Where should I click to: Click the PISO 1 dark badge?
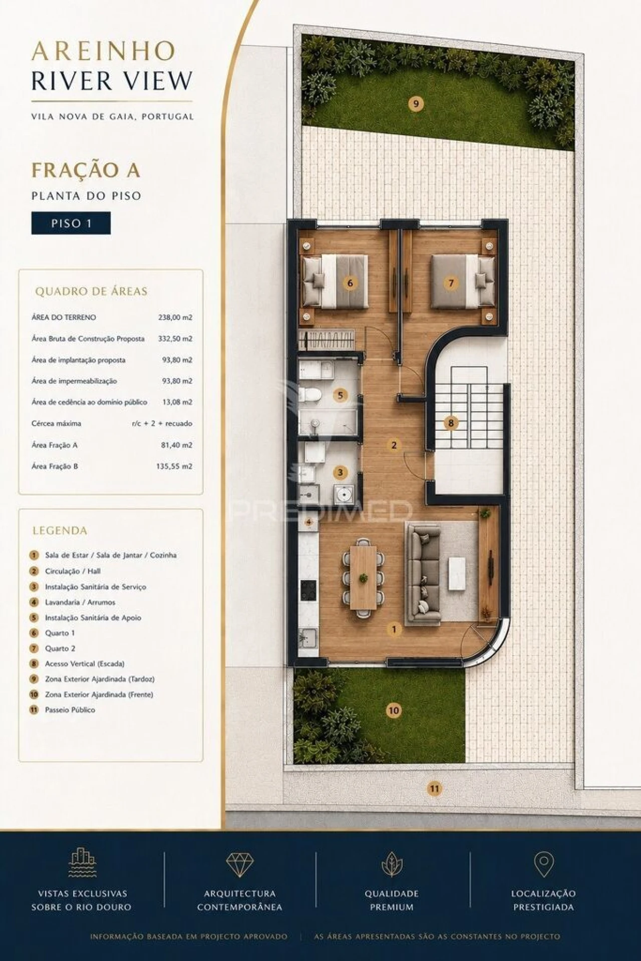71,223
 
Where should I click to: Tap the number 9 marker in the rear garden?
416,104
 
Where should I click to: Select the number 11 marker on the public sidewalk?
434,789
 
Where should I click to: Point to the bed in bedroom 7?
463,281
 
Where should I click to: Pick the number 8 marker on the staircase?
451,423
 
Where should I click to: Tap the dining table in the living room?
363,577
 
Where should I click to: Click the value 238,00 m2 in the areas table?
175,317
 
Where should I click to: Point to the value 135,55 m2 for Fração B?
174,466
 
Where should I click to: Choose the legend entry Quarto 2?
60,648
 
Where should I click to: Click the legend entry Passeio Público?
70,710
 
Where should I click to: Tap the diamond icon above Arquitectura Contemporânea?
240,864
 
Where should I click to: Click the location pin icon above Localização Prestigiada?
543,864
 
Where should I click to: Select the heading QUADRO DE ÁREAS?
91,291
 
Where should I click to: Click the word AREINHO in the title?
103,51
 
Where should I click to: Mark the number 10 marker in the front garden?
394,710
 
